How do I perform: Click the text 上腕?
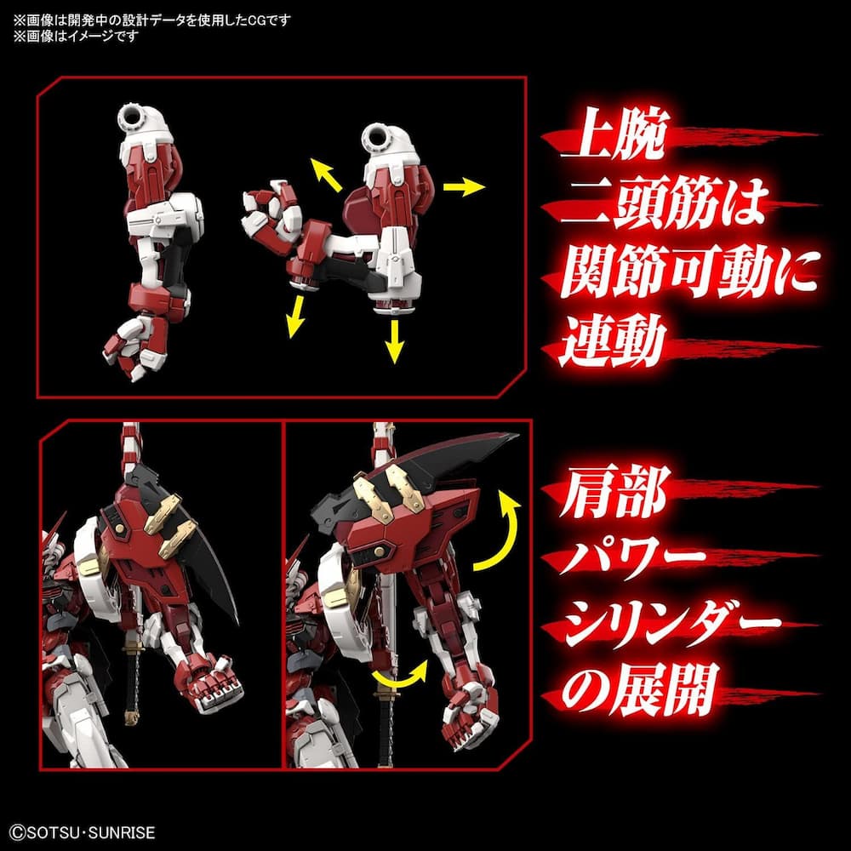click(x=606, y=136)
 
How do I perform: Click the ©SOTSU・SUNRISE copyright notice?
click(x=82, y=833)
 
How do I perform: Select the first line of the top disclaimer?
click(x=151, y=20)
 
